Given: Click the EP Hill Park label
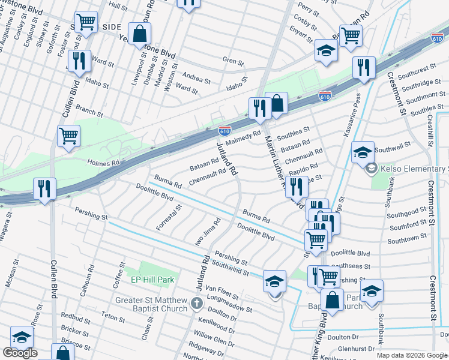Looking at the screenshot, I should pos(152,280).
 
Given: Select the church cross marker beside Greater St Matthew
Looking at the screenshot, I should pos(197,304).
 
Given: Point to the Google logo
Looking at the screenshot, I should pos(20,353).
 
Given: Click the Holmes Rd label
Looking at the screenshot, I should pos(104,162).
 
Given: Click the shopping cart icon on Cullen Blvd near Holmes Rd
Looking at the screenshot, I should pos(68,135).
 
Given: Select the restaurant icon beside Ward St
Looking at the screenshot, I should pos(79,61).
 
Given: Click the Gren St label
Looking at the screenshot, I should pos(233,61).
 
